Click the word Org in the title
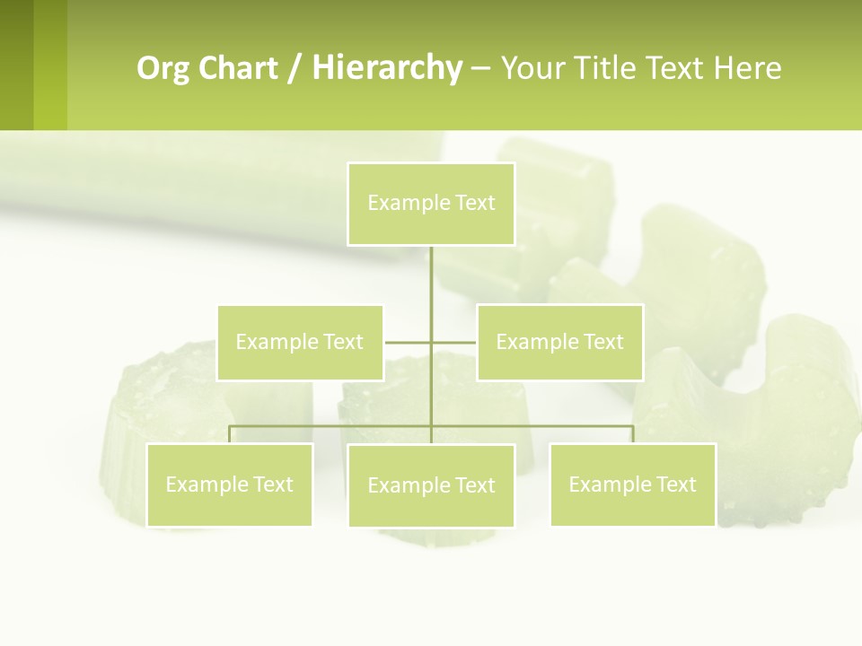[x=163, y=68]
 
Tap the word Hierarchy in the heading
[x=386, y=68]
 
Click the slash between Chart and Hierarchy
[x=295, y=68]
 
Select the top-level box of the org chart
[x=431, y=204]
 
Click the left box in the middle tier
[x=300, y=342]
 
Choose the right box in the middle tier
[x=559, y=342]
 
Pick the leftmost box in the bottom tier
[x=229, y=484]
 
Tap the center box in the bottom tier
[x=431, y=485]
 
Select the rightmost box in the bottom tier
[x=632, y=484]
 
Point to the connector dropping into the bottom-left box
[x=230, y=434]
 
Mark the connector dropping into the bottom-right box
[x=632, y=434]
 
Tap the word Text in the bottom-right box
[x=675, y=484]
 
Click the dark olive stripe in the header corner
[x=16, y=65]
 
